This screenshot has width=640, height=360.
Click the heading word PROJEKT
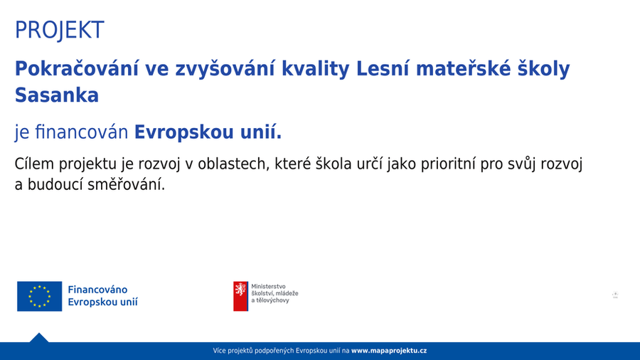pos(60,30)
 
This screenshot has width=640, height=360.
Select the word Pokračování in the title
pos(77,68)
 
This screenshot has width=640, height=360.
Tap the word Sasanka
pos(57,95)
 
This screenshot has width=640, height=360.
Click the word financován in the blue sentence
pos(82,132)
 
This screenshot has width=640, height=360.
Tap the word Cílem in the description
pos(34,164)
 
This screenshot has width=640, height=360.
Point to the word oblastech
pos(233,164)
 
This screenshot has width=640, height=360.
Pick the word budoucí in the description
pos(54,185)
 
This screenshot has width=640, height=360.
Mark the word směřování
pos(126,185)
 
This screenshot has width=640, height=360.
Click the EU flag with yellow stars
pos(40,297)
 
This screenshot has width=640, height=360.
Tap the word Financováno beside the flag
pos(97,290)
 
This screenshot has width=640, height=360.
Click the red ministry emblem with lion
pos(240,297)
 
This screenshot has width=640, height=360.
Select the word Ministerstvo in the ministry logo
pos(268,287)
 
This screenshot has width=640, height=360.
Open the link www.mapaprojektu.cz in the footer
pos(389,351)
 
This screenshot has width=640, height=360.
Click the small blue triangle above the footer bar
pos(39,338)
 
